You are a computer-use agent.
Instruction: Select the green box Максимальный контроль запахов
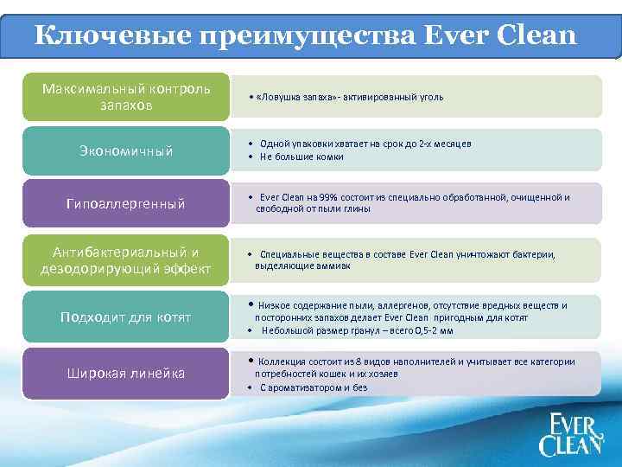[x=125, y=97]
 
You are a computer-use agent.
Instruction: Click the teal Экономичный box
[x=125, y=151]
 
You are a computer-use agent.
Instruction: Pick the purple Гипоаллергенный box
[x=125, y=204]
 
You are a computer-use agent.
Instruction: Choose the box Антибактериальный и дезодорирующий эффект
[x=125, y=260]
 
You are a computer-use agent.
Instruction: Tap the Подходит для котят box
[x=125, y=317]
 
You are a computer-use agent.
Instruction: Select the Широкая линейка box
[x=125, y=374]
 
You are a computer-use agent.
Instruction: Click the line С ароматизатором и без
[x=313, y=387]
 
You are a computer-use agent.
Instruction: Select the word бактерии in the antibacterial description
[x=536, y=254]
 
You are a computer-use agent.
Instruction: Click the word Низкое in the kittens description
[x=276, y=305]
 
